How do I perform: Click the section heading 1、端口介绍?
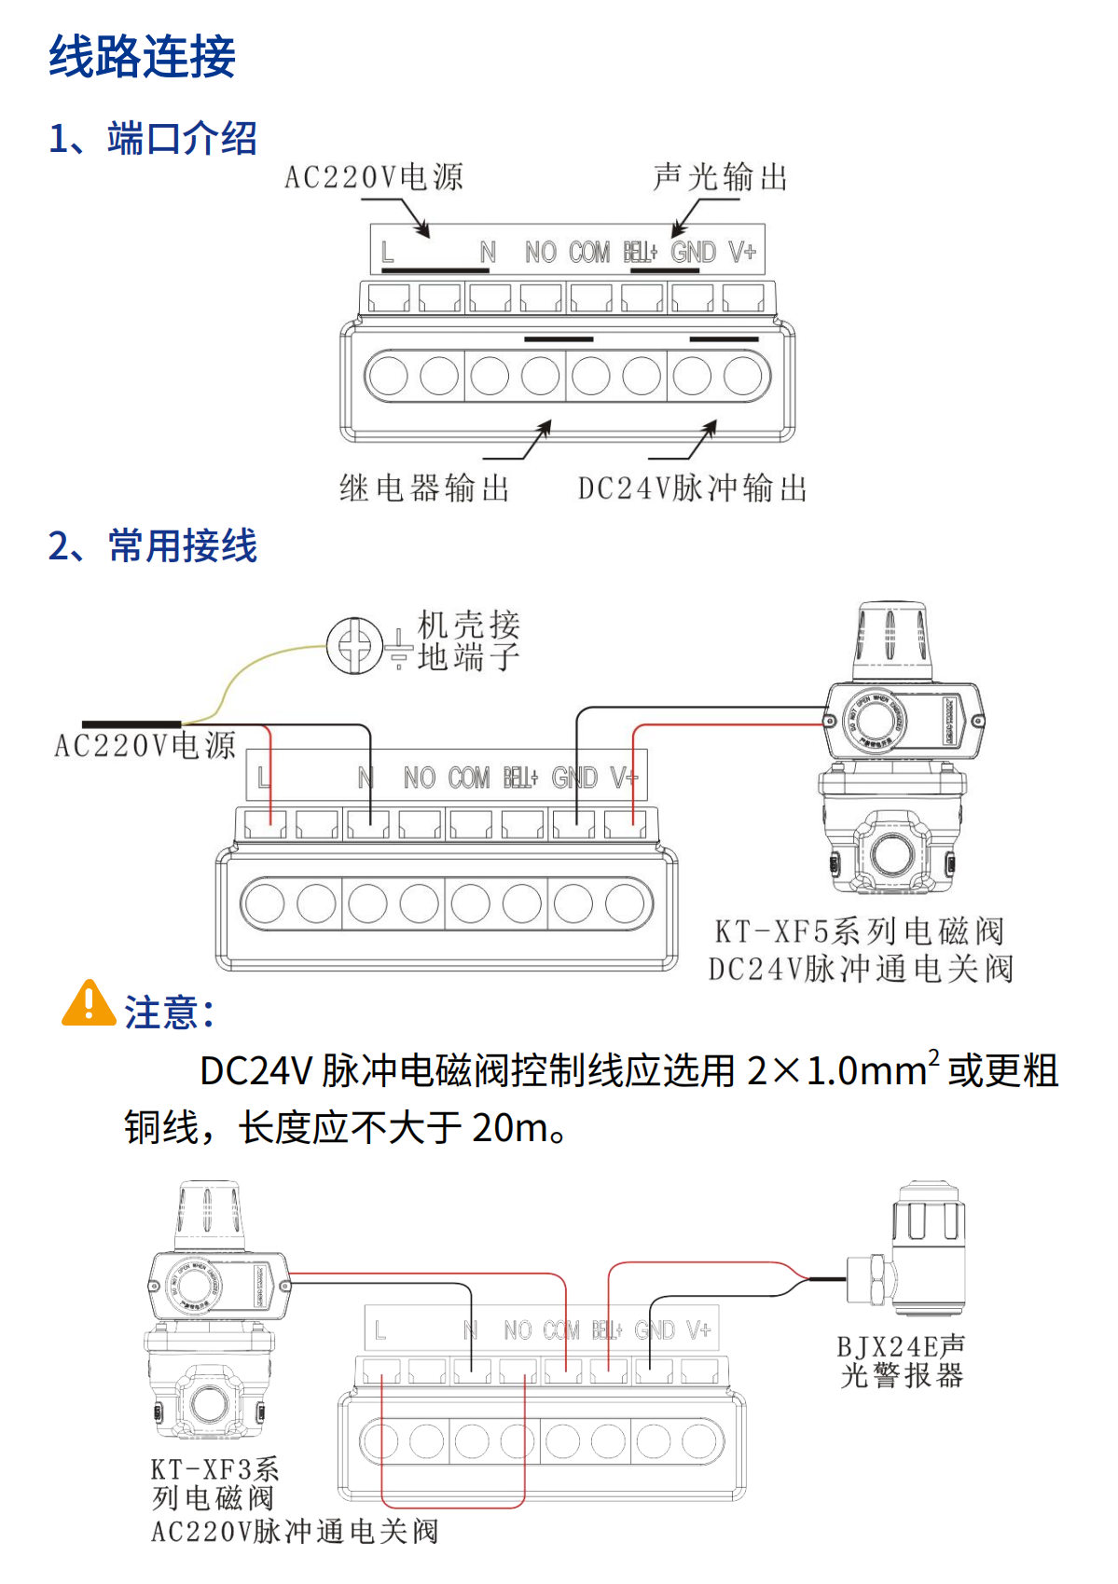(153, 138)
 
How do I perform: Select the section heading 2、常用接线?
(153, 545)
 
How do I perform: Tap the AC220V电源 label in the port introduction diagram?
(374, 177)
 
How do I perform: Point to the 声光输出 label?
(721, 177)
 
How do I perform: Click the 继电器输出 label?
(424, 488)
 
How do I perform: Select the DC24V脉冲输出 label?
(692, 488)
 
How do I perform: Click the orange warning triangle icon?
(89, 1004)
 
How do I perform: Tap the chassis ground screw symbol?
(354, 644)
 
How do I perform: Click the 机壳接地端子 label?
(468, 641)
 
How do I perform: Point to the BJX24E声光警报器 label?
(902, 1361)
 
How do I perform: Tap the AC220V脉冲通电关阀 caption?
(295, 1531)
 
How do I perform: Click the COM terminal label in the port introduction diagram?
(589, 253)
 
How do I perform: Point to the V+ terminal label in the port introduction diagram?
(742, 253)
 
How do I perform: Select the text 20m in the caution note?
(510, 1127)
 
